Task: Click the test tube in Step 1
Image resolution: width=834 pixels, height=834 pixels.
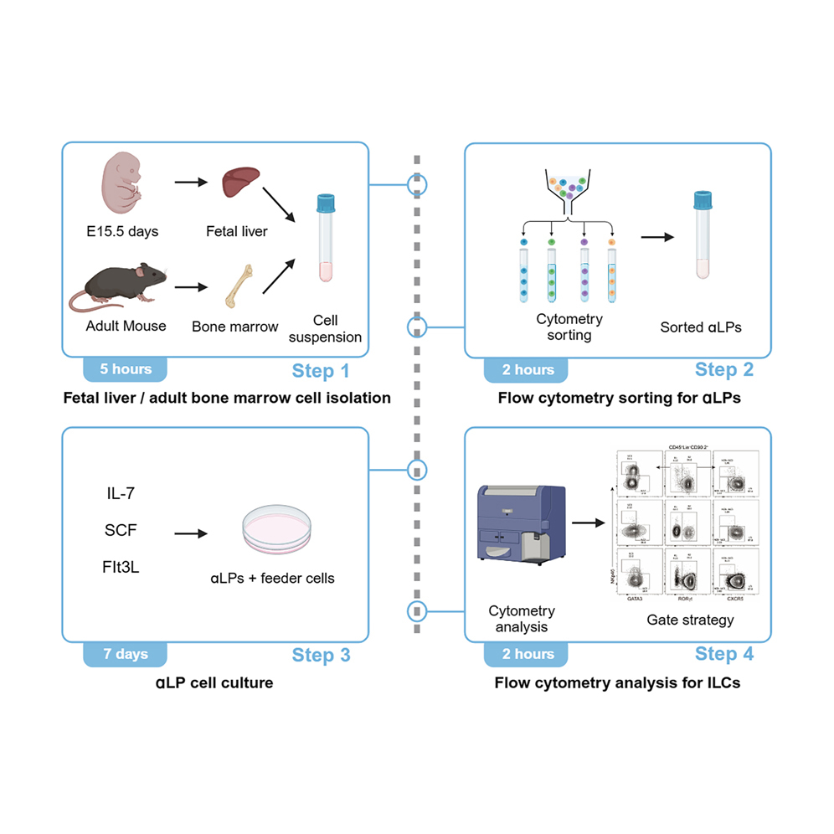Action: (324, 238)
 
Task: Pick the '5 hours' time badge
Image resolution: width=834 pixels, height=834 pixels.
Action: (126, 369)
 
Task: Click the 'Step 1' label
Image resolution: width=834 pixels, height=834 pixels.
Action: (321, 370)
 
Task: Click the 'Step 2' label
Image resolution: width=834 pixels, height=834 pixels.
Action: (724, 370)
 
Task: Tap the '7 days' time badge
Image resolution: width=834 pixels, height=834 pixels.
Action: (126, 654)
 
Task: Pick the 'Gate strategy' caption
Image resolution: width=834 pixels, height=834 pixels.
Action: (690, 620)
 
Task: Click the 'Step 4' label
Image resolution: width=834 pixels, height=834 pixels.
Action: (724, 654)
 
